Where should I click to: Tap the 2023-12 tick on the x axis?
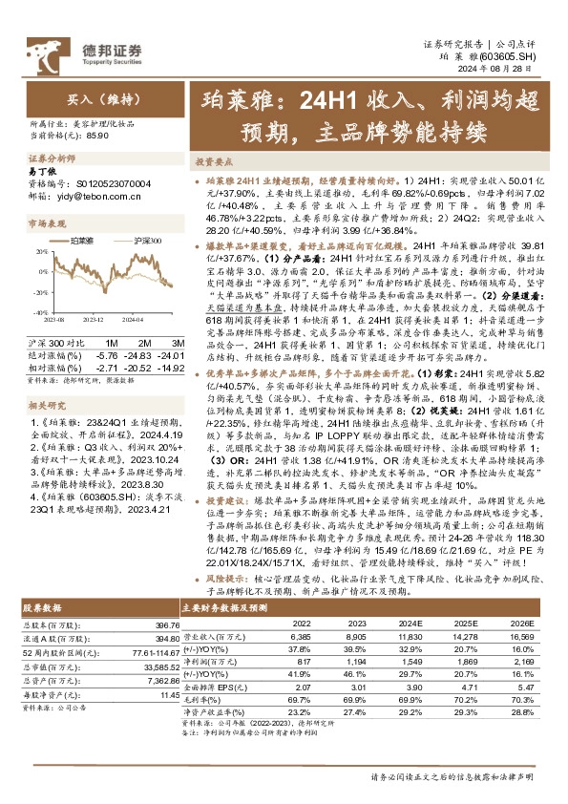click(x=103, y=321)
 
